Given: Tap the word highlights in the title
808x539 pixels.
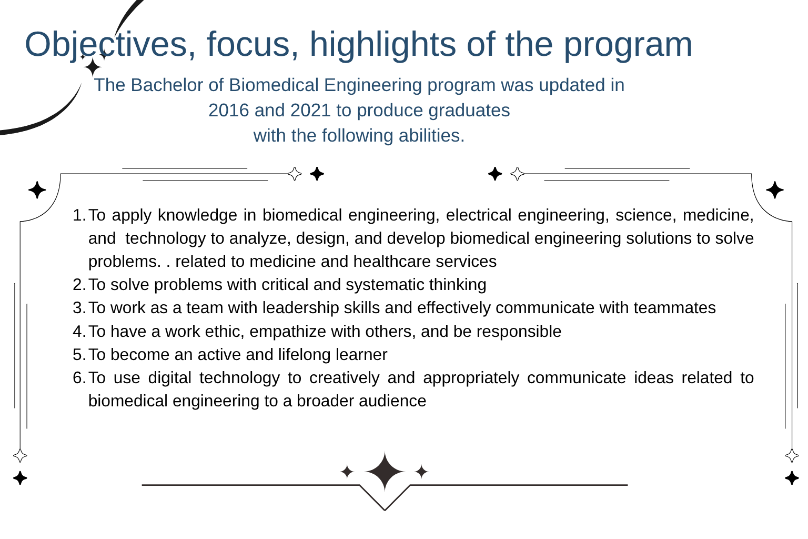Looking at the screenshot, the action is tap(383, 45).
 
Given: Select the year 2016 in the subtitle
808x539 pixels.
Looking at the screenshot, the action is tap(229, 110).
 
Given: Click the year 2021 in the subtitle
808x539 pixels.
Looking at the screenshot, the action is tap(310, 110).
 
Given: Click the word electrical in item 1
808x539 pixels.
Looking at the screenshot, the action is tap(479, 215).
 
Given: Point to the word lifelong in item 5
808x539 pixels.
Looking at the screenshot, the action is tap(305, 355).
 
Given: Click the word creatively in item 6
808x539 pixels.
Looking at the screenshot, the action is tap(345, 378).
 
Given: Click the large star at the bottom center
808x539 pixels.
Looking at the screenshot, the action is tap(385, 472).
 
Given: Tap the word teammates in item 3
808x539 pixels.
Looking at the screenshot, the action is tap(674, 308).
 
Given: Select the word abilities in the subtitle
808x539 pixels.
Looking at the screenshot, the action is tap(432, 136).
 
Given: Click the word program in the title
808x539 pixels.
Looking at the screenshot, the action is tap(628, 45).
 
